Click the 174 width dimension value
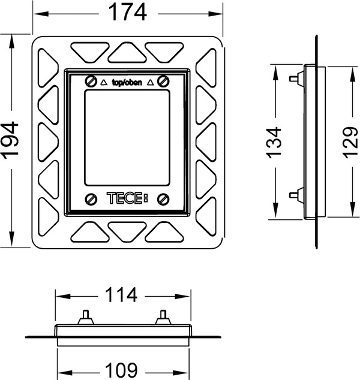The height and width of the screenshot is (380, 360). coord(127,13)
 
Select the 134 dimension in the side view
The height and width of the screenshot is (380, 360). coord(274,141)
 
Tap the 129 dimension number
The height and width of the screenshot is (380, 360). coord(350,141)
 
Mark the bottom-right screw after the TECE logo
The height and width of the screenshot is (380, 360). coord(163,199)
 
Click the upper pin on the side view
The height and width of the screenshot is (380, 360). coord(293,79)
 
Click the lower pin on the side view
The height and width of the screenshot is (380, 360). coord(293,193)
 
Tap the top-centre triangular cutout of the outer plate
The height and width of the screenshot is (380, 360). coord(127,53)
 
